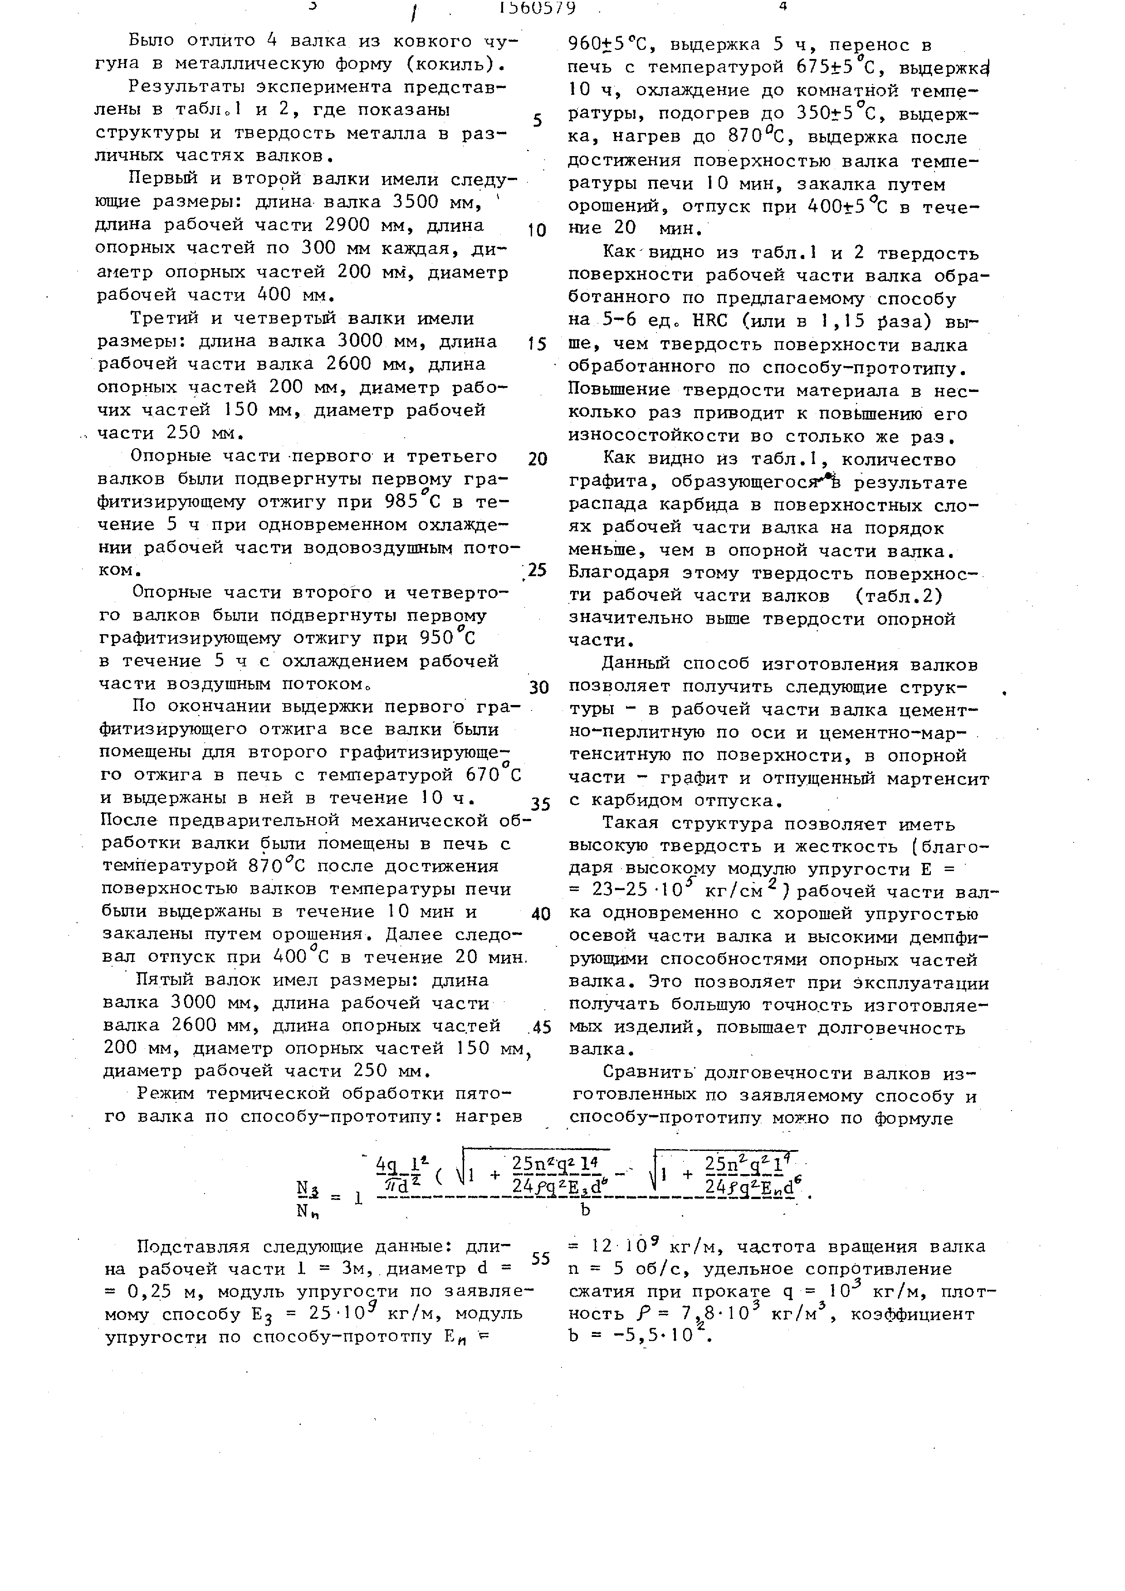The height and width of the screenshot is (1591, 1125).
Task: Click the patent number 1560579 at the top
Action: tap(537, 8)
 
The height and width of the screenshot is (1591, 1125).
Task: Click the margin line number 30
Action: tap(539, 687)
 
